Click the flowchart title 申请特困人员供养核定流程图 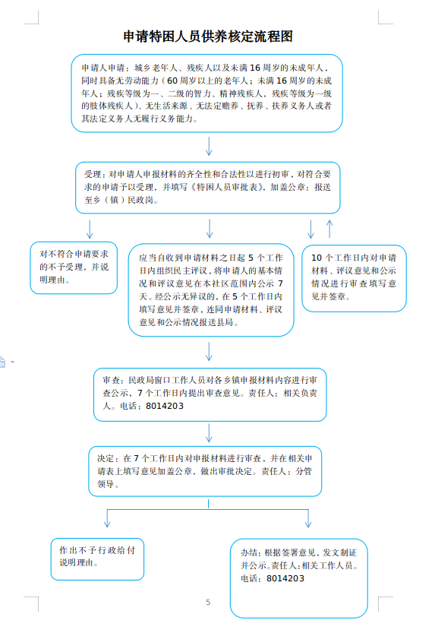[x=207, y=36]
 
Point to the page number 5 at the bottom [x=208, y=602]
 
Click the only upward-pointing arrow [x=329, y=229]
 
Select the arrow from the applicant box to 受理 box [x=209, y=146]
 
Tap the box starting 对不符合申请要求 [x=74, y=267]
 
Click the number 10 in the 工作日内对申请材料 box [x=317, y=258]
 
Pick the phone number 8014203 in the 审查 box [x=165, y=406]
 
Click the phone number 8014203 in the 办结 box [x=285, y=578]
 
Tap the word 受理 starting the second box [x=93, y=175]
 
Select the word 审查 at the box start [x=111, y=380]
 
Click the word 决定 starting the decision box [x=106, y=458]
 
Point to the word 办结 [x=249, y=552]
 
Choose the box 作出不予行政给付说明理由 [x=97, y=559]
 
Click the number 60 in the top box [x=172, y=81]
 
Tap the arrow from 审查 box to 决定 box [x=209, y=433]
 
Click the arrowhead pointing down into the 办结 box [x=308, y=524]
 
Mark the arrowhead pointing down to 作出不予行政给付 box [x=107, y=524]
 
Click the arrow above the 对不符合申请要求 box [x=90, y=229]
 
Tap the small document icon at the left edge [x=2, y=362]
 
